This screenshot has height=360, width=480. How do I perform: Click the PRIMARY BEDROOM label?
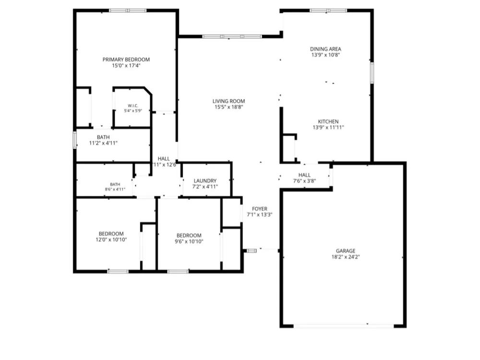pos(126,60)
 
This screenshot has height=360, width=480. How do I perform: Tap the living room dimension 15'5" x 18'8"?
pos(228,107)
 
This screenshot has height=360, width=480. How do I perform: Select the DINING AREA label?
pos(325,49)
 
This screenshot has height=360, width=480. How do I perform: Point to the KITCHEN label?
pos(328,121)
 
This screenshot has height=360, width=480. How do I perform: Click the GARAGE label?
pos(346,251)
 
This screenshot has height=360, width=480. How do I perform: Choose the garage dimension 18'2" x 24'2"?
pos(346,257)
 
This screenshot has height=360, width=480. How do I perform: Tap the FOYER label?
pos(260,209)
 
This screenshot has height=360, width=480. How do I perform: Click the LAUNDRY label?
pos(205,181)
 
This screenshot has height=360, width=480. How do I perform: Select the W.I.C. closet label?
pos(133,106)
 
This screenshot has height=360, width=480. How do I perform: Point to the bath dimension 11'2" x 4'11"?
pos(103,143)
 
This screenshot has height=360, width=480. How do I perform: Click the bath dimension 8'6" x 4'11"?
pos(115,189)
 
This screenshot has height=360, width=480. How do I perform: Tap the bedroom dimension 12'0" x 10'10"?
pos(111,240)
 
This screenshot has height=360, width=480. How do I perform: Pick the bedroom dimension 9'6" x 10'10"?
pos(189,241)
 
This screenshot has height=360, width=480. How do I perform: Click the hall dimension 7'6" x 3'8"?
pos(304,181)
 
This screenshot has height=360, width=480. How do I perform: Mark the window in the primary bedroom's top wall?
pos(128,11)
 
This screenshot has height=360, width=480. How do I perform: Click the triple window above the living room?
pos(232,36)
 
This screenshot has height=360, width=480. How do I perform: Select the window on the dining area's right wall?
pos(372,72)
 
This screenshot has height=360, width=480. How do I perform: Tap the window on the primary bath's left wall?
pos(75,140)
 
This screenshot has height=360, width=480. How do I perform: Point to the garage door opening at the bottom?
pos(344,326)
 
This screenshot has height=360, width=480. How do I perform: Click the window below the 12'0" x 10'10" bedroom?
pos(118,271)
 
